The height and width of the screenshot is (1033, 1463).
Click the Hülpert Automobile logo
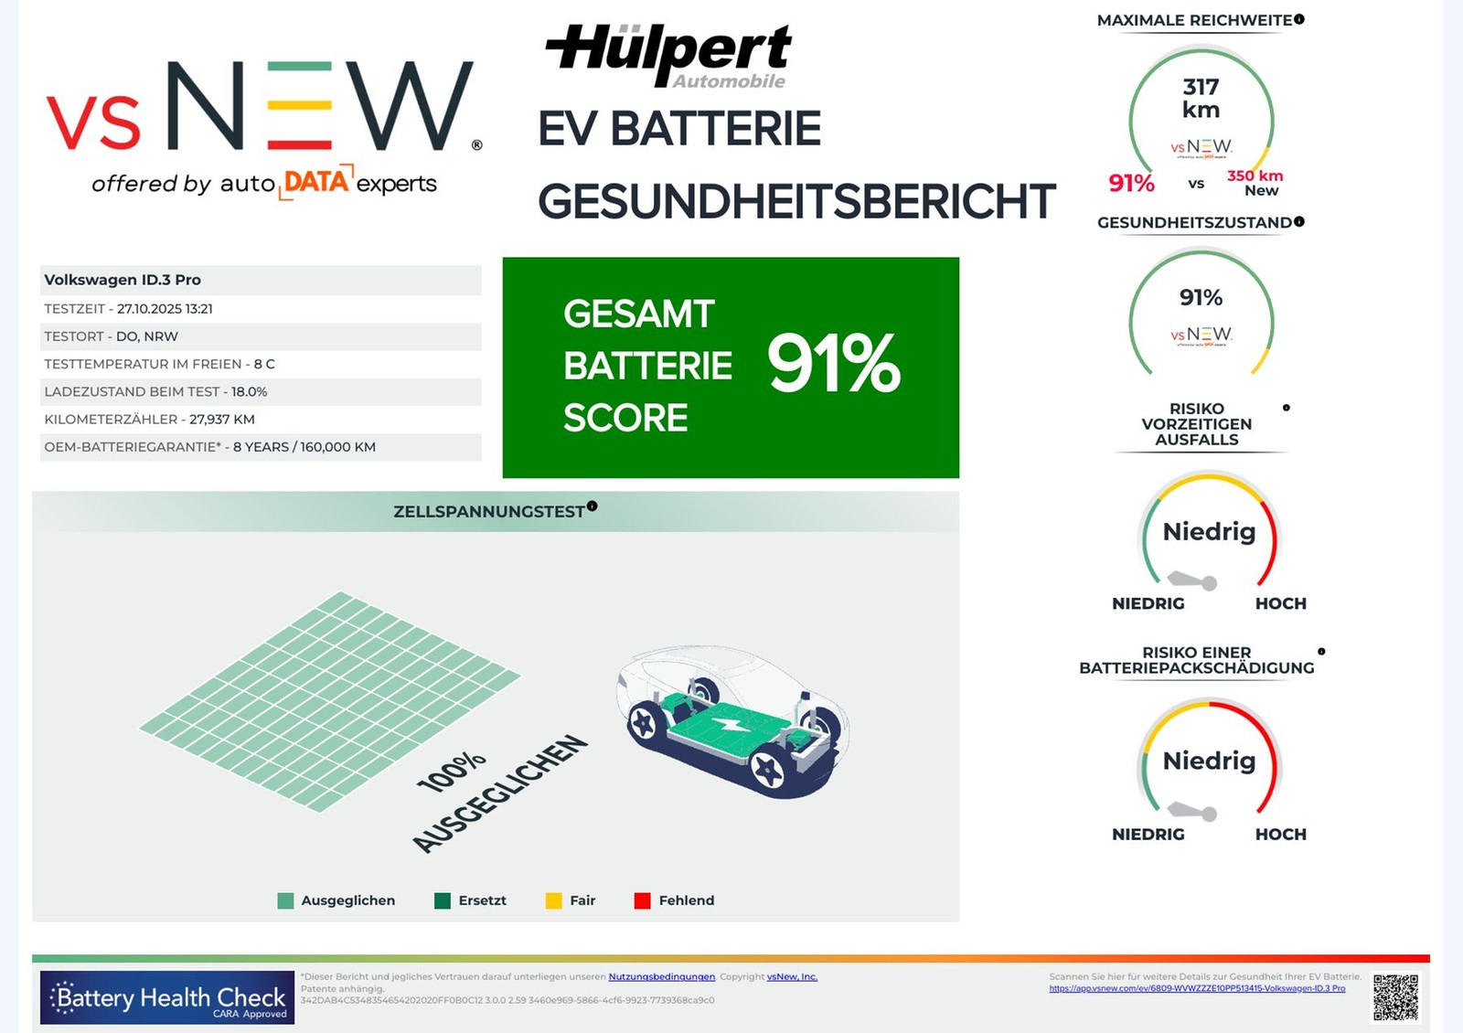669,55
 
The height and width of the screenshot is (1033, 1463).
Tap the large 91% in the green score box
833,365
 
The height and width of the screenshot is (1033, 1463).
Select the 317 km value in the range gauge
1201,98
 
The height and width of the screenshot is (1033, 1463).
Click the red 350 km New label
1255,182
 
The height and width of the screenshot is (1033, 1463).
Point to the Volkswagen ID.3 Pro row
261,280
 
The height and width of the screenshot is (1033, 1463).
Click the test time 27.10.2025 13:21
165,309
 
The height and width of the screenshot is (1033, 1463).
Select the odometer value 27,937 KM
222,420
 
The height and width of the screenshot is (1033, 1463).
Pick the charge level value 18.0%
249,392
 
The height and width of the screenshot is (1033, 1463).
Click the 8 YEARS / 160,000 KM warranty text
304,447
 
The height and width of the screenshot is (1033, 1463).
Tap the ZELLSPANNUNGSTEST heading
489,512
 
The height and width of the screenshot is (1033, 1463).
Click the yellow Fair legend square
553,900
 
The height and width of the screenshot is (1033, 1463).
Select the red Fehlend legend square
642,900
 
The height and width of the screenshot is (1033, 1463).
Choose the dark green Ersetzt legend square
443,900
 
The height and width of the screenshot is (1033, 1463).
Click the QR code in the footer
1395,996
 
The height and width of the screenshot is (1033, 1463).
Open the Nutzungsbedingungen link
661,976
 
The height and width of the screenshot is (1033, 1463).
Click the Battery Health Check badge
167,997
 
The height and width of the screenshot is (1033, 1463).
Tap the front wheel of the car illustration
766,771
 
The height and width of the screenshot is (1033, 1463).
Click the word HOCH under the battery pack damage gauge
1280,834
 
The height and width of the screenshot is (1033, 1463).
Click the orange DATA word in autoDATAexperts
315,182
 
